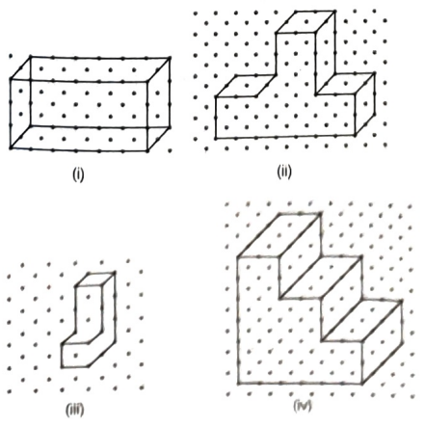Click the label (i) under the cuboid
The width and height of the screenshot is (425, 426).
[78, 174]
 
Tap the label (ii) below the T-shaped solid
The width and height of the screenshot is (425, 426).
[284, 172]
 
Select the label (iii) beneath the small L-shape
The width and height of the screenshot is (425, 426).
[75, 410]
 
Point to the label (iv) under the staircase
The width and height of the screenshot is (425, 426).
[303, 406]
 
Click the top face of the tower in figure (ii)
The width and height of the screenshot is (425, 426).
[305, 22]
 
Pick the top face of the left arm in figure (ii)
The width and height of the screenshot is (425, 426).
[246, 86]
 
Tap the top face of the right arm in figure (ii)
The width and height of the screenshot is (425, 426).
[345, 84]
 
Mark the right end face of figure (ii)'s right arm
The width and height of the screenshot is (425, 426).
[365, 104]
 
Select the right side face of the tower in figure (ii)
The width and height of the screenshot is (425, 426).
[326, 53]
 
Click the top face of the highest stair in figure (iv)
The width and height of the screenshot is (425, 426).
[279, 235]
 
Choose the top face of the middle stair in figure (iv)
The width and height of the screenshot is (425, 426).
[321, 278]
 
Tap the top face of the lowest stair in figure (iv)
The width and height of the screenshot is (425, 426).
[362, 321]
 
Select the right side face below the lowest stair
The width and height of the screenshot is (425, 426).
[383, 342]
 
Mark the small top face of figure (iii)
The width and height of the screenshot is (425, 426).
[94, 280]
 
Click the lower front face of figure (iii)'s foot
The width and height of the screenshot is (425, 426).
[75, 356]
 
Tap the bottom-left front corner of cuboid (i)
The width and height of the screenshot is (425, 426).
[11, 148]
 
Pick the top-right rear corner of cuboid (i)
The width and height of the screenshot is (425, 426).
[170, 58]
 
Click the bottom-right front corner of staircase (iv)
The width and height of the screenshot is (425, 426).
[362, 384]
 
